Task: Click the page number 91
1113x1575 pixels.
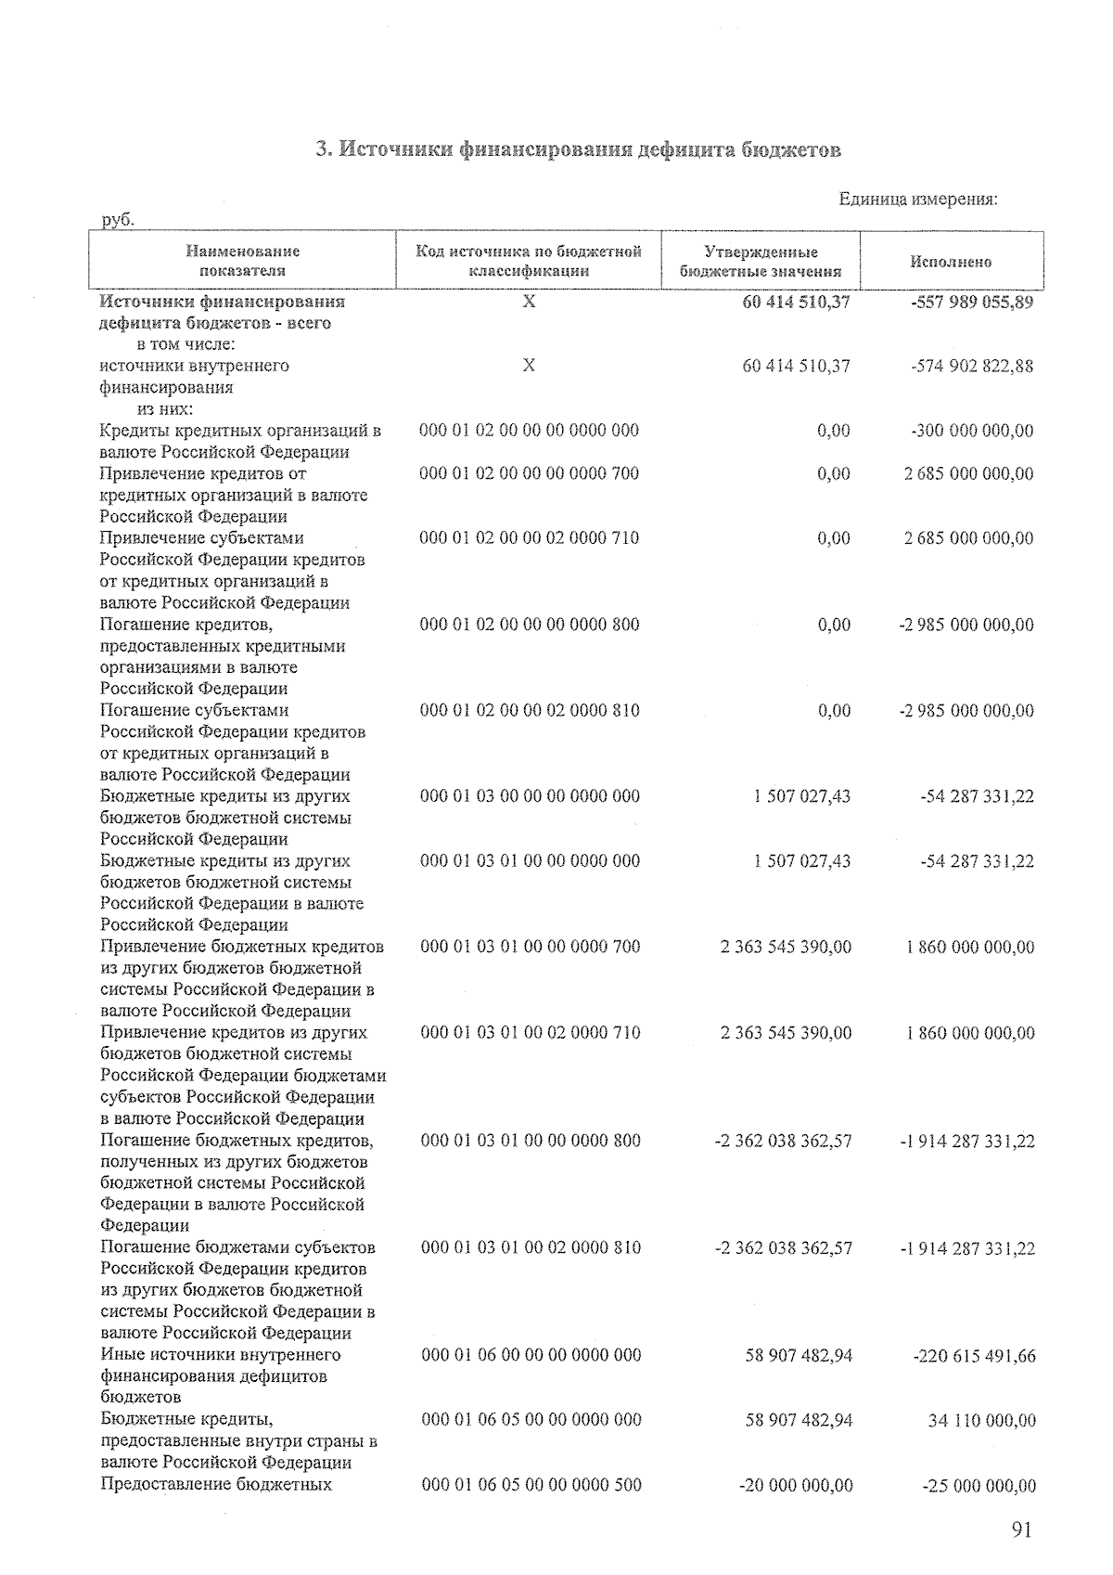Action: click(1021, 1530)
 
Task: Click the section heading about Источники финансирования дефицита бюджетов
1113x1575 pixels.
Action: click(578, 149)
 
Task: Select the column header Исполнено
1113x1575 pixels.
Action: click(951, 262)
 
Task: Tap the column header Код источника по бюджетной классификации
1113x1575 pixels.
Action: click(529, 262)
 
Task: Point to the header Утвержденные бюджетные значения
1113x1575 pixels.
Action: click(761, 262)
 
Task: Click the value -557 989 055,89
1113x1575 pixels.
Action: click(972, 303)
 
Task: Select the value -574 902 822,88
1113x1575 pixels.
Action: click(972, 366)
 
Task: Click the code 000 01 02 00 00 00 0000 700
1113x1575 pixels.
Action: click(530, 473)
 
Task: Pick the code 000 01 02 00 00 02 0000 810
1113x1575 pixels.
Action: click(530, 711)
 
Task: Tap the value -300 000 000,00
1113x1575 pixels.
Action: click(972, 431)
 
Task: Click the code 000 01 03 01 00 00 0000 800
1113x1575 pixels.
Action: click(531, 1141)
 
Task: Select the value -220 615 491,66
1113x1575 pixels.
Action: click(974, 1356)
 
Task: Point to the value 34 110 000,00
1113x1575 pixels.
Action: click(981, 1421)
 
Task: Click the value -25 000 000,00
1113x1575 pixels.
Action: click(979, 1486)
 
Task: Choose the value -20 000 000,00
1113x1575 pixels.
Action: click(795, 1486)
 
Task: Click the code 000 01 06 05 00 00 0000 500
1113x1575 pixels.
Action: click(531, 1485)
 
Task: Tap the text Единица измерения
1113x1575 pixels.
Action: click(918, 200)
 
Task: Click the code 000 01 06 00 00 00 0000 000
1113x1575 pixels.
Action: click(531, 1355)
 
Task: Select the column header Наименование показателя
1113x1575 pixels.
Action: click(242, 262)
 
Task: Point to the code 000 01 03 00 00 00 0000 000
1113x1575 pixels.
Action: click(530, 796)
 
